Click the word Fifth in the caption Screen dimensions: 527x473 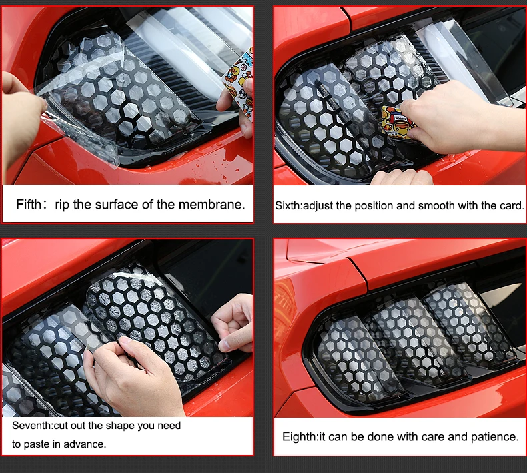tap(29, 204)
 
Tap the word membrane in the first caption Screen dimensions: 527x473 tap(211, 204)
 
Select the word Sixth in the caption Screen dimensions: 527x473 tap(288, 205)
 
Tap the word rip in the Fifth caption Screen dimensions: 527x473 tap(63, 205)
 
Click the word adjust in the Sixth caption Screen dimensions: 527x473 tap(317, 205)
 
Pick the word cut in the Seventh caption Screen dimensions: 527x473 tap(61, 426)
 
